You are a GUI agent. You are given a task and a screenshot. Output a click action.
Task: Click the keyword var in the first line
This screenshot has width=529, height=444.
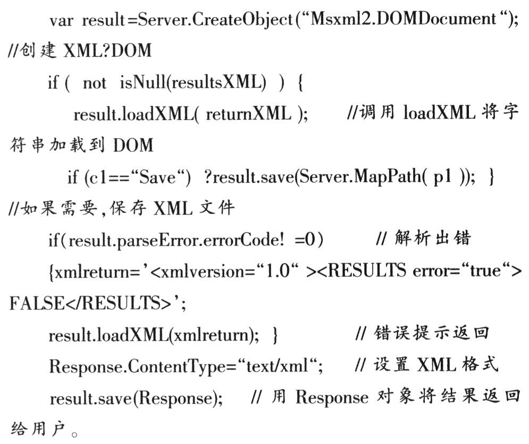61,21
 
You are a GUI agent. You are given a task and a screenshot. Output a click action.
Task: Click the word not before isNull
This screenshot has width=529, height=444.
95,83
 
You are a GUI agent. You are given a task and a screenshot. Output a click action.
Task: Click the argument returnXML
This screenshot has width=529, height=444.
248,113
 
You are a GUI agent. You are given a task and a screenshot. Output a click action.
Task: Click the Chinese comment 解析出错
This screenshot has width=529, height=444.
433,239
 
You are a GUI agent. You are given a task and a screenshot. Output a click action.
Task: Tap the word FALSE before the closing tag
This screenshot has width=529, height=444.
37,303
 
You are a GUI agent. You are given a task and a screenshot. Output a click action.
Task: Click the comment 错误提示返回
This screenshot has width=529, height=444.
431,333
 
